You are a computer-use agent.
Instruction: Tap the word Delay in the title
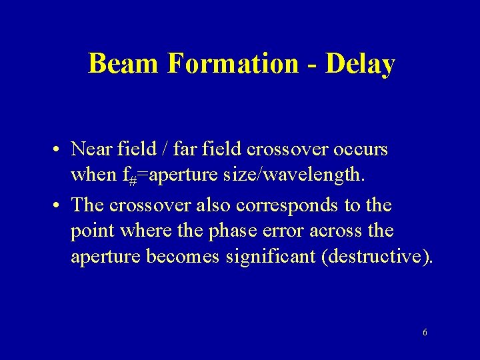tap(360, 64)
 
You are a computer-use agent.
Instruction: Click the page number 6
tap(425, 332)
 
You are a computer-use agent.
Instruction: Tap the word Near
tap(93, 149)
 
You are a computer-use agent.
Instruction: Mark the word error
tap(287, 231)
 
